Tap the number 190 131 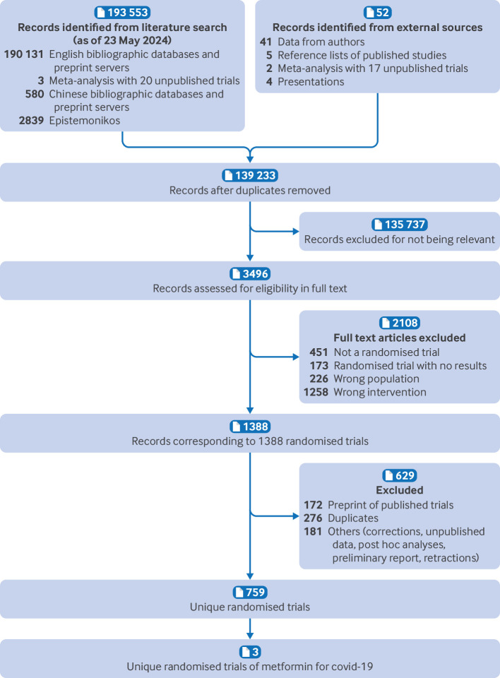point(24,54)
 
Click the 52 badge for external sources point(378,12)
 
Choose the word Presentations point(310,82)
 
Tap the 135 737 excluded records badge point(400,223)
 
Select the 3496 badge point(250,273)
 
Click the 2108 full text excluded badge point(400,323)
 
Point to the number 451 point(319,352)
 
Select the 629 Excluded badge point(400,475)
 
